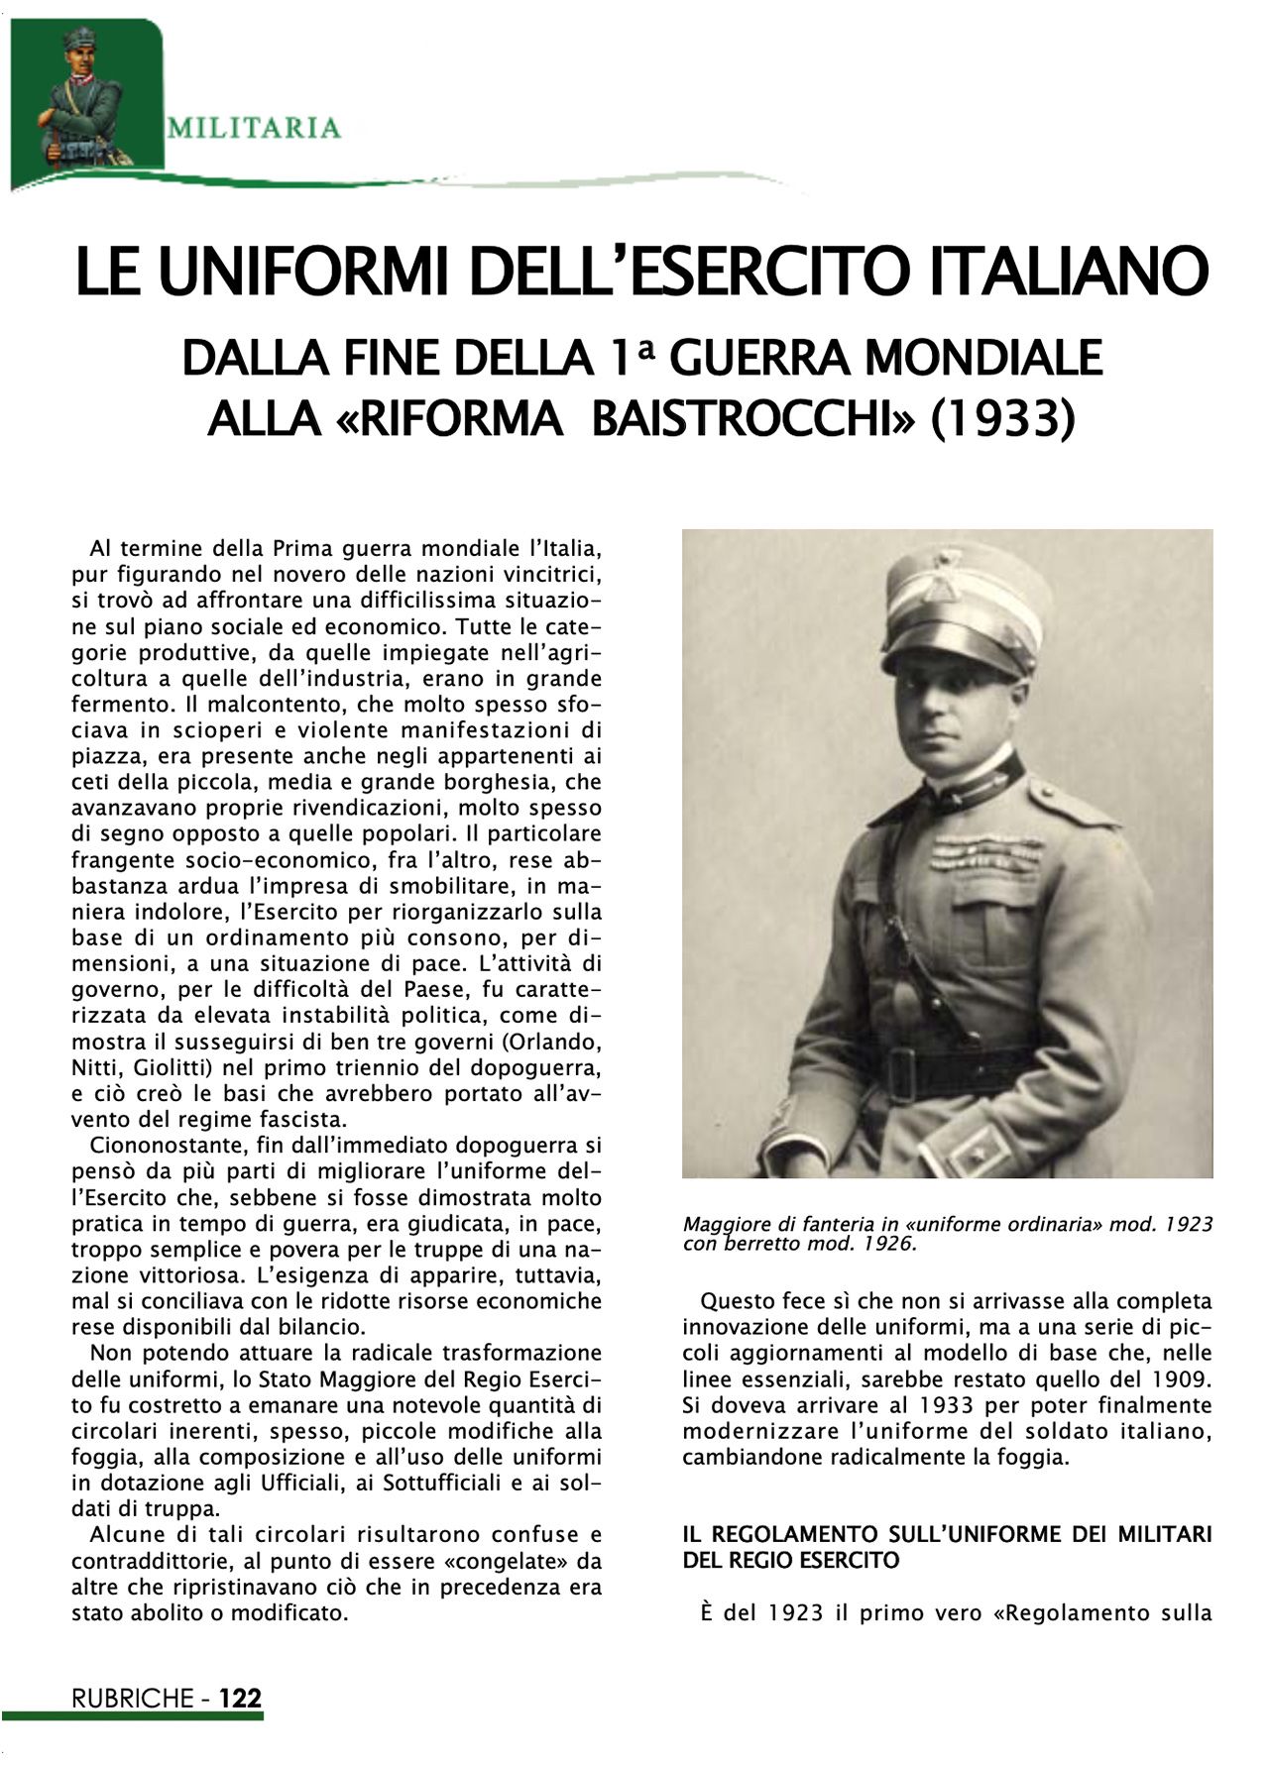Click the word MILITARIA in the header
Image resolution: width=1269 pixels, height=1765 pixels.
click(x=255, y=128)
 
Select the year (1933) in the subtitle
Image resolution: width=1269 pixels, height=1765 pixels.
click(x=1003, y=418)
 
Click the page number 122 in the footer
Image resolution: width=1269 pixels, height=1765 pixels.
click(x=240, y=1698)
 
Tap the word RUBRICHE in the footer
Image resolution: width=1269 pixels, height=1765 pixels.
click(x=131, y=1698)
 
